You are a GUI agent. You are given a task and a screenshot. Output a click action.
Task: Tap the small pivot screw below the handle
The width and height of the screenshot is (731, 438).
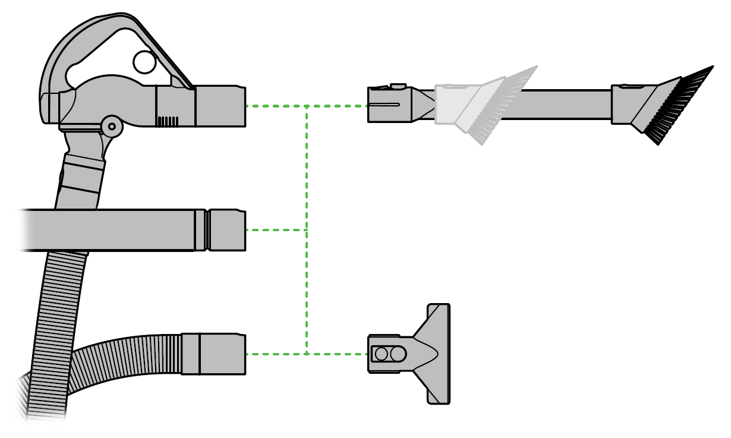(111, 127)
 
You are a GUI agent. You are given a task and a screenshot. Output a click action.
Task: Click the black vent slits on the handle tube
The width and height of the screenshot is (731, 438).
(168, 121)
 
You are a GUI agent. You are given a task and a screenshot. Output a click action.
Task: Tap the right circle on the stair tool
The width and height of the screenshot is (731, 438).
(398, 354)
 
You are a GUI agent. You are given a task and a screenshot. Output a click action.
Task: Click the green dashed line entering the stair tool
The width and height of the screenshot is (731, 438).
(339, 354)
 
